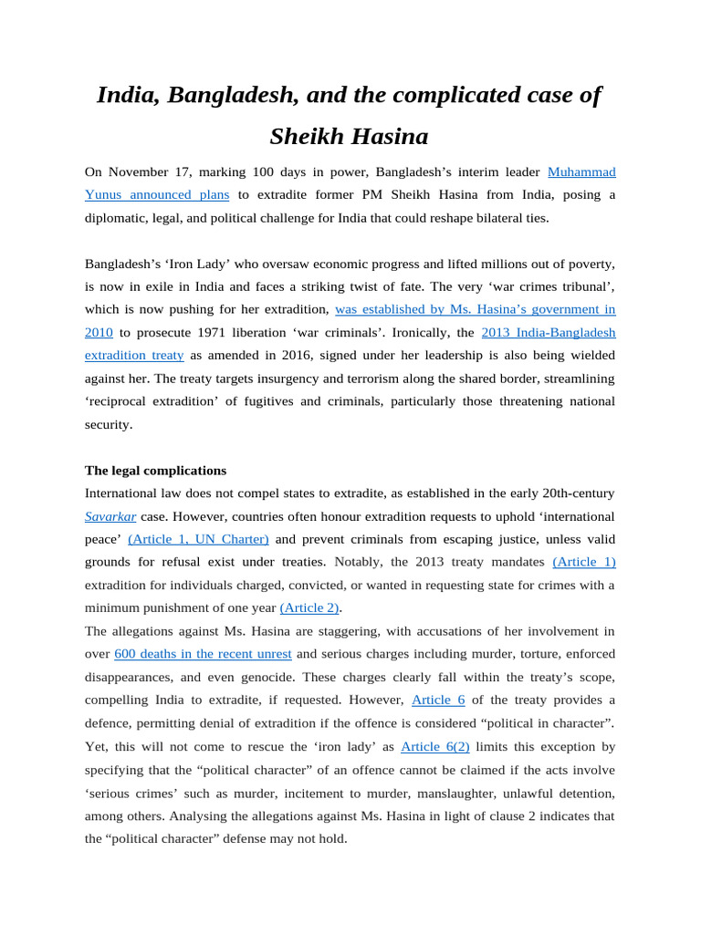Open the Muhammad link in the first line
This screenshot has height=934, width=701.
click(x=581, y=171)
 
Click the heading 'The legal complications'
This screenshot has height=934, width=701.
click(x=155, y=471)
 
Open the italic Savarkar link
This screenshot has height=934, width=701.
click(x=110, y=516)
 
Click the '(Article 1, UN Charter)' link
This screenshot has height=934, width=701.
click(x=198, y=539)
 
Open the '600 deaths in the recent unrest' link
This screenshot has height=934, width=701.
click(x=203, y=654)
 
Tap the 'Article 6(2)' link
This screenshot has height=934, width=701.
click(x=434, y=746)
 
